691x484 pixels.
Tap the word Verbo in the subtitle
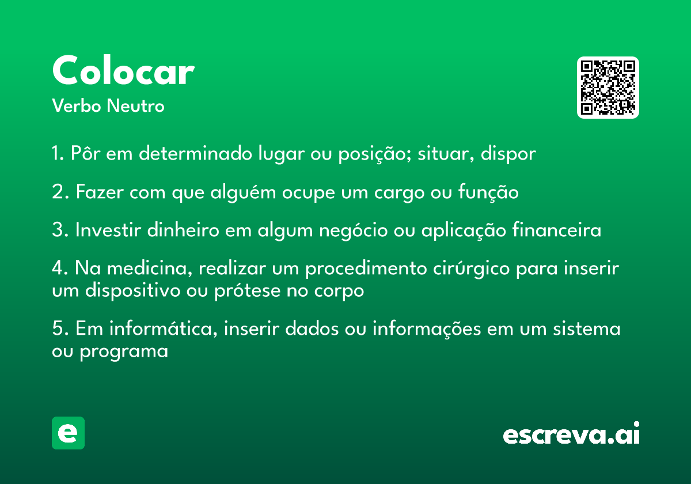(x=77, y=105)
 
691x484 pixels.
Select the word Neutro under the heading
(x=135, y=105)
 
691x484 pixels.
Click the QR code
(x=608, y=88)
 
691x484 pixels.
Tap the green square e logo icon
(x=68, y=433)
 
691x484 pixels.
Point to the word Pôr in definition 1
(x=85, y=153)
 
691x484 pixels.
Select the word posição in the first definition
(x=374, y=154)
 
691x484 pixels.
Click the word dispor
(x=508, y=153)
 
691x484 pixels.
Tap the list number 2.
(x=60, y=192)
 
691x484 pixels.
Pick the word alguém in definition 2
(x=243, y=192)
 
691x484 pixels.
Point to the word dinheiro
(x=183, y=229)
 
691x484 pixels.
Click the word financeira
(x=557, y=229)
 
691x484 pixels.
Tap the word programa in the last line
(x=124, y=352)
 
